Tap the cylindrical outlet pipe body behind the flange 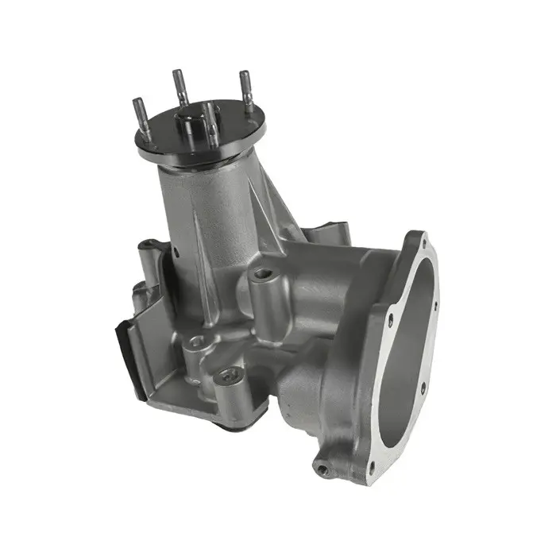318,318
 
